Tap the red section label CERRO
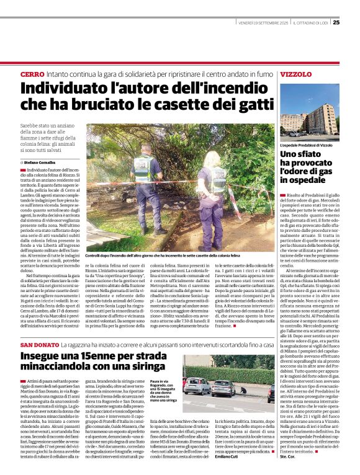(32, 74)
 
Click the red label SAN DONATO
(41, 344)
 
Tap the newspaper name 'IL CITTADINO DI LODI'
(307, 23)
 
